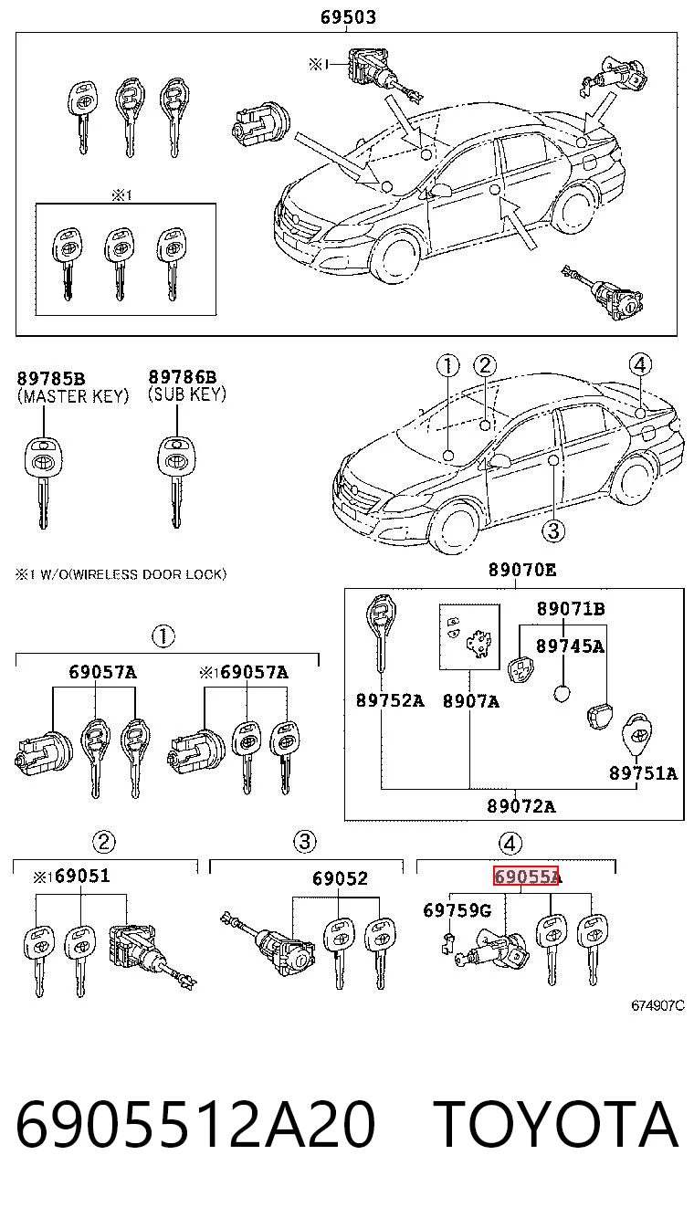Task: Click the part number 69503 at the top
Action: pyautogui.click(x=348, y=17)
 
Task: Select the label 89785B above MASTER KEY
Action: pyautogui.click(x=51, y=378)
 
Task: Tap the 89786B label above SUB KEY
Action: pyautogui.click(x=183, y=377)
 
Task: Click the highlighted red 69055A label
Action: pyautogui.click(x=527, y=877)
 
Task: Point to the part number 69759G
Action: pyautogui.click(x=457, y=910)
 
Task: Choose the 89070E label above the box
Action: pyautogui.click(x=522, y=570)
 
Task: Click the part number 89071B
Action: pyautogui.click(x=571, y=608)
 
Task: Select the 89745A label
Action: pyautogui.click(x=570, y=646)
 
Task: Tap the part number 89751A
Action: pyautogui.click(x=644, y=772)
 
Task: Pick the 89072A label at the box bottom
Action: pyautogui.click(x=521, y=806)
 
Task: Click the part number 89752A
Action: pyautogui.click(x=390, y=700)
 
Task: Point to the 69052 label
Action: pyautogui.click(x=340, y=878)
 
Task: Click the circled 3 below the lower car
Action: pyautogui.click(x=553, y=530)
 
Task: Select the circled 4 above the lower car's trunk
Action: pyautogui.click(x=640, y=364)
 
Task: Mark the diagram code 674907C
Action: pyautogui.click(x=657, y=1005)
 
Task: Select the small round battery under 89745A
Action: pyautogui.click(x=562, y=693)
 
